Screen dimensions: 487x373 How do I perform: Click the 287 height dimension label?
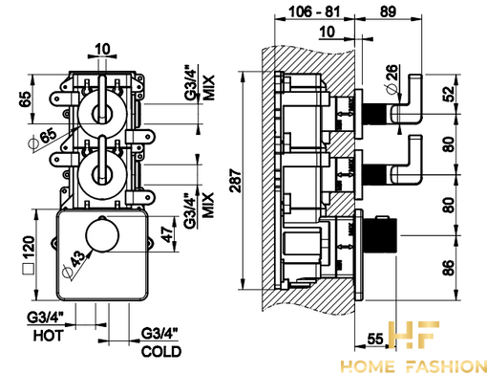tap(236, 181)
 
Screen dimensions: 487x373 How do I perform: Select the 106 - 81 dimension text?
tap(314, 11)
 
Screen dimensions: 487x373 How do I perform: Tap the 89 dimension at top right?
tap(388, 11)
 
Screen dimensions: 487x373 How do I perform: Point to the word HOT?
tap(49, 336)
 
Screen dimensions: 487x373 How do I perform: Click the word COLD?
tap(161, 351)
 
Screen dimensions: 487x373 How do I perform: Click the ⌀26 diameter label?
tap(392, 78)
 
